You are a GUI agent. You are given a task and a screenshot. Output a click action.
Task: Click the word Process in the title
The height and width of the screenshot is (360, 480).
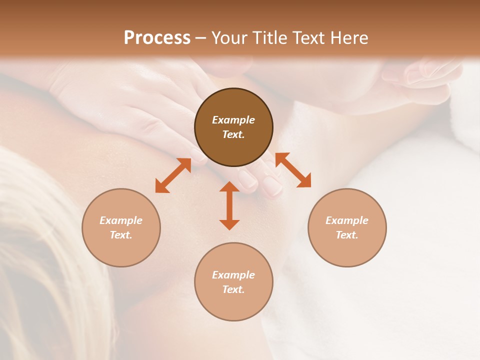157,38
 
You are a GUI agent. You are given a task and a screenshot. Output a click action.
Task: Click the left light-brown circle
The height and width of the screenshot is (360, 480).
121,227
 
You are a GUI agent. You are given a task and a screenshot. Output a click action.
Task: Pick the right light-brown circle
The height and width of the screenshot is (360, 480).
347,227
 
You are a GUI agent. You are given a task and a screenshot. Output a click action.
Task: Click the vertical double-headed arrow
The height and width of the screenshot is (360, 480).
229,205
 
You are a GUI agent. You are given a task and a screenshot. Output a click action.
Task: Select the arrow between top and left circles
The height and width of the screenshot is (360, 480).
173,175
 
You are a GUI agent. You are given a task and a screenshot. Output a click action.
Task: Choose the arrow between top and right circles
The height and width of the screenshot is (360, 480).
293,170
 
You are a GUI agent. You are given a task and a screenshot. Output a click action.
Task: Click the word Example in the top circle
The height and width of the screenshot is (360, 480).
233,120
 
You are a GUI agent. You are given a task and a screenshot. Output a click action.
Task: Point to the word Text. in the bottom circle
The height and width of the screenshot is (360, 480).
233,289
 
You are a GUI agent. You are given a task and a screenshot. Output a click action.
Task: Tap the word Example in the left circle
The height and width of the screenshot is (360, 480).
121,220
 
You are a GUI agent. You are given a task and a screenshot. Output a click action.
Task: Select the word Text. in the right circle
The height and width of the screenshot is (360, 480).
347,235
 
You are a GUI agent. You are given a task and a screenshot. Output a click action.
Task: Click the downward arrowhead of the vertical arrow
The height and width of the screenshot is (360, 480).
229,224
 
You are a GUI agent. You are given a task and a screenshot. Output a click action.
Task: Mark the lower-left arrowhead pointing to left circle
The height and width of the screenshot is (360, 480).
161,187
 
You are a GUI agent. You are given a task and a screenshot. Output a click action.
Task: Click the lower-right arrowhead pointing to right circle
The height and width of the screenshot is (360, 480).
305,182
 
